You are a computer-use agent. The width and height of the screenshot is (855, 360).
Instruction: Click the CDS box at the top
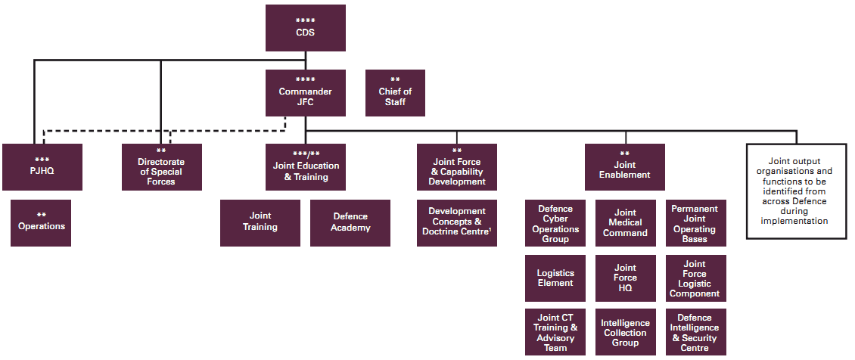pos(305,28)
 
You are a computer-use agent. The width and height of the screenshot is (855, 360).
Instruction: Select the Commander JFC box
pos(305,92)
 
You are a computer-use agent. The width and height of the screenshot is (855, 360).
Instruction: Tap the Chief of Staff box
pos(395,92)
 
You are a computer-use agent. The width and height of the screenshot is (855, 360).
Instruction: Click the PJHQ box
pos(41,166)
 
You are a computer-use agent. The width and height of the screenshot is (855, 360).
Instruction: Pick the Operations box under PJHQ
pos(41,222)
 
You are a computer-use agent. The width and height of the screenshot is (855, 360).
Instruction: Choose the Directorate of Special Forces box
pos(161,166)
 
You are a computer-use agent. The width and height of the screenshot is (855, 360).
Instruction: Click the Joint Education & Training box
pos(305,166)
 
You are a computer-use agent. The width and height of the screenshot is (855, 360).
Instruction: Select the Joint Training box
pos(260,222)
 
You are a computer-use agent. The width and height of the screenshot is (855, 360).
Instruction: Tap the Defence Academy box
pos(350,222)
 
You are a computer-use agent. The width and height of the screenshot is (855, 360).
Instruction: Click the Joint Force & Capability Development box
pos(457,166)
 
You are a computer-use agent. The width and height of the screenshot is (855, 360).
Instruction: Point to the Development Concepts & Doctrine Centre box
pos(457,222)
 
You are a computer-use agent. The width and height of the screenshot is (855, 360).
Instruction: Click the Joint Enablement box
pos(624,166)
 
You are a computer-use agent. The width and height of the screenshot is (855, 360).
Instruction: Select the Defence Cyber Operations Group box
pos(555,223)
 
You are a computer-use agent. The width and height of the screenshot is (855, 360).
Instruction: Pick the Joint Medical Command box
pos(625,223)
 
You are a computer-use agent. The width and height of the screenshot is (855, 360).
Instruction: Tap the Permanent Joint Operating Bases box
pos(695,223)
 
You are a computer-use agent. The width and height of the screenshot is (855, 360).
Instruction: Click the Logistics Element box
pos(555,278)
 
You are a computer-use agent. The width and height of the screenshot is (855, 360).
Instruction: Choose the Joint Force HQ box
pos(625,278)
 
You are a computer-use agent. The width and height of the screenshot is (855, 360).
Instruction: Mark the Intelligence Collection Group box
pos(625,332)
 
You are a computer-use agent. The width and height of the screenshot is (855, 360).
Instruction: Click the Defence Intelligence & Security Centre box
pos(695,332)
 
